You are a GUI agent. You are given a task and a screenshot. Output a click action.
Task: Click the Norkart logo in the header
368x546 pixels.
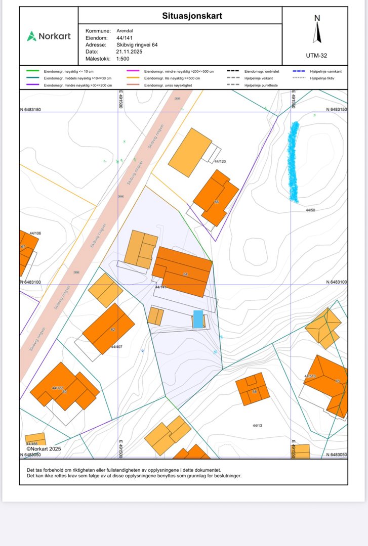point(49,36)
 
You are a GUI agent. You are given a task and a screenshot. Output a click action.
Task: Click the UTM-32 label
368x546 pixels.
point(316,56)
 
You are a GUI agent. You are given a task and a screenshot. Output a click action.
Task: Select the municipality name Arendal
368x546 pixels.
point(125,31)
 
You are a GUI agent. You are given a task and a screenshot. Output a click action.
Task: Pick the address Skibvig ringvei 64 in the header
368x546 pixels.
point(137,45)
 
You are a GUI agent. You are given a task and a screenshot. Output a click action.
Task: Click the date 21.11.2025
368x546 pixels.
point(130,52)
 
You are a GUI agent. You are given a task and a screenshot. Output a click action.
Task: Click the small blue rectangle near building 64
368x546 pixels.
point(198,319)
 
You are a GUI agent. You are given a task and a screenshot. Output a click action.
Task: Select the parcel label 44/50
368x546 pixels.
point(310,209)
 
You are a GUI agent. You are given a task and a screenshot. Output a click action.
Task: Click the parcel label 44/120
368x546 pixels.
point(220,161)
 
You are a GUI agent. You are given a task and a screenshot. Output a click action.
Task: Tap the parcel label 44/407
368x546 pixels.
point(116,347)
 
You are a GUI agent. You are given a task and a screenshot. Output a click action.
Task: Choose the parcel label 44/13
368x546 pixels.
point(257,425)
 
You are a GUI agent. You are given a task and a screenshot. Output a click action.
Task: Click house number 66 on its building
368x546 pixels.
point(216,201)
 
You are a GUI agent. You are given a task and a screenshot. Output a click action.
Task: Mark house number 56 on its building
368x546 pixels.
point(254,391)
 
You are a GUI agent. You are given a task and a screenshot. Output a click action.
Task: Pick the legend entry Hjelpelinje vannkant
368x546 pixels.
point(325,71)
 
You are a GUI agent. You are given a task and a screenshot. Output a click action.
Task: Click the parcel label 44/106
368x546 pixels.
point(35,233)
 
